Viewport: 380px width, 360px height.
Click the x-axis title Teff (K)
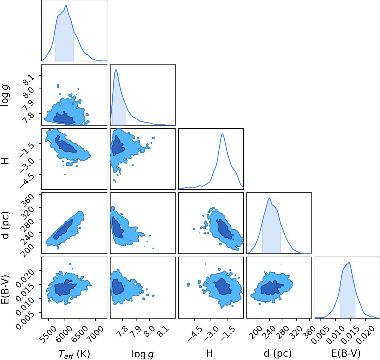(x=74, y=354)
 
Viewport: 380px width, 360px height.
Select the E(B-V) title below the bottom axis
(x=346, y=353)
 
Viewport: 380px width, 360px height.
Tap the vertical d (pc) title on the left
(x=6, y=225)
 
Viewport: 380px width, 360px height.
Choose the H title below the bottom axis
(x=209, y=353)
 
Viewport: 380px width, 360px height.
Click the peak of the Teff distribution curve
(x=66, y=6)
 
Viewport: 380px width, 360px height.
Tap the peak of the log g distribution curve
(x=116, y=70)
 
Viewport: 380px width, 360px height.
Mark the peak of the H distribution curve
(x=223, y=134)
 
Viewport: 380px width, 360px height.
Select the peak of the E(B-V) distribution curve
(x=349, y=262)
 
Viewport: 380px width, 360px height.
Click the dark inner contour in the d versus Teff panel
(x=63, y=229)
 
